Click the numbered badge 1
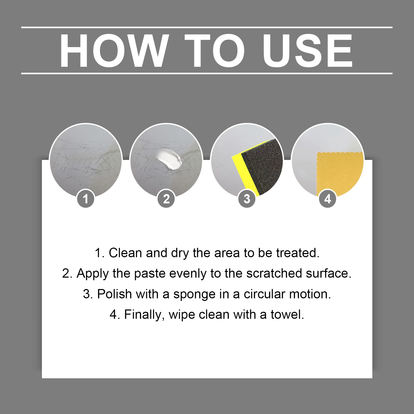coord(85,199)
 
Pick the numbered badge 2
coord(166,199)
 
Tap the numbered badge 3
coord(247,199)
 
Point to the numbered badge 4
coord(328,199)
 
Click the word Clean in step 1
coord(125,253)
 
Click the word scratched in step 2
coord(274,273)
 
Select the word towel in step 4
coord(287,315)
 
